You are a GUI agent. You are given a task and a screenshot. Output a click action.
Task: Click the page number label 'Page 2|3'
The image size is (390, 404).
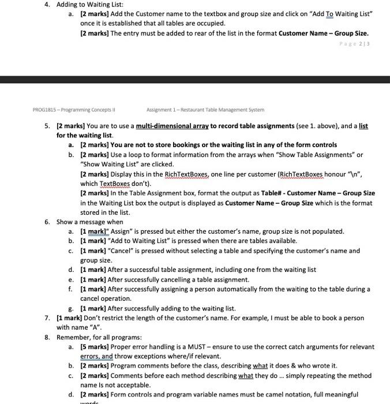pyautogui.click(x=354, y=43)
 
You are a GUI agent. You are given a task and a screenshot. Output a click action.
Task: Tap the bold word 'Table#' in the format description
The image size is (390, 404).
pyautogui.click(x=272, y=193)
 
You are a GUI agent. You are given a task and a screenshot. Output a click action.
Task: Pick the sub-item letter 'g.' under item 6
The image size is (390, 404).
pyautogui.click(x=70, y=309)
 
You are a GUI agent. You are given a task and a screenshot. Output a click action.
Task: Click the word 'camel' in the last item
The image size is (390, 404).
pyautogui.click(x=291, y=395)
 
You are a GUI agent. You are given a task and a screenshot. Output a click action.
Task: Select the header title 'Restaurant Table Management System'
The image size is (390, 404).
pyautogui.click(x=223, y=109)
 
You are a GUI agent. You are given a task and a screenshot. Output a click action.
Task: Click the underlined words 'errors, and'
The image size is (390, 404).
pyautogui.click(x=96, y=357)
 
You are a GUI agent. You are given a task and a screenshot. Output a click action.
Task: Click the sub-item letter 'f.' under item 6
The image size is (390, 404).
pyautogui.click(x=70, y=289)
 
